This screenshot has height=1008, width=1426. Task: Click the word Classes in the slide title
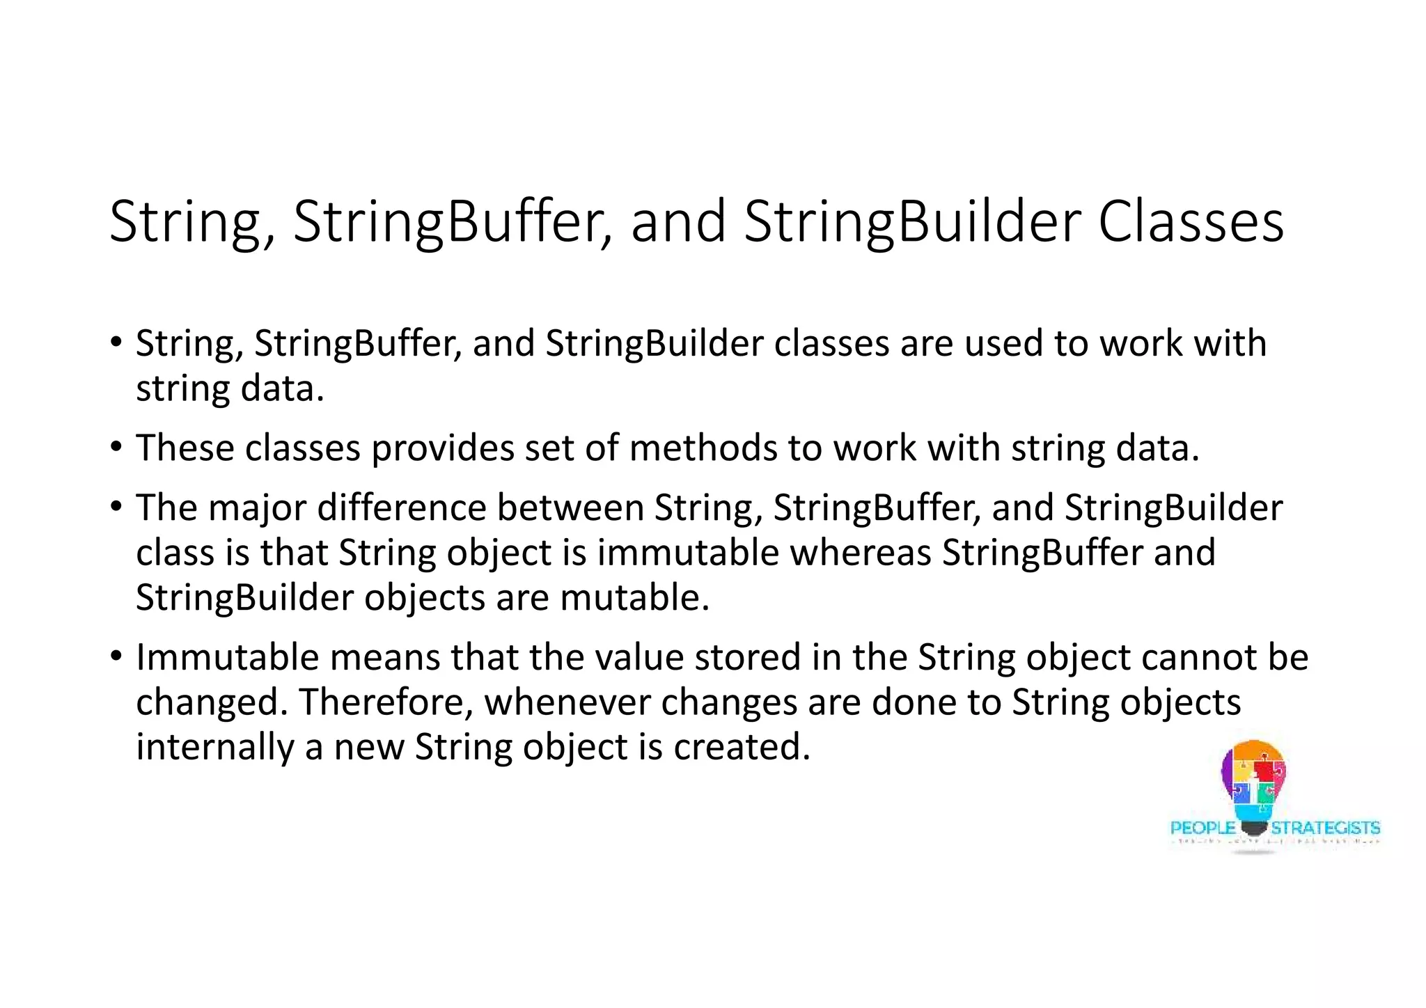point(1191,223)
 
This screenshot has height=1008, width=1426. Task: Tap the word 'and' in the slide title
point(678,223)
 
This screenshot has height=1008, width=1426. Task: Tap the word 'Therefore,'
point(386,702)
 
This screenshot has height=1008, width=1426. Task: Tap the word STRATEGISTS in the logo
point(1325,828)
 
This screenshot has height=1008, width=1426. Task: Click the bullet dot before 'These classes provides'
point(116,446)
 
